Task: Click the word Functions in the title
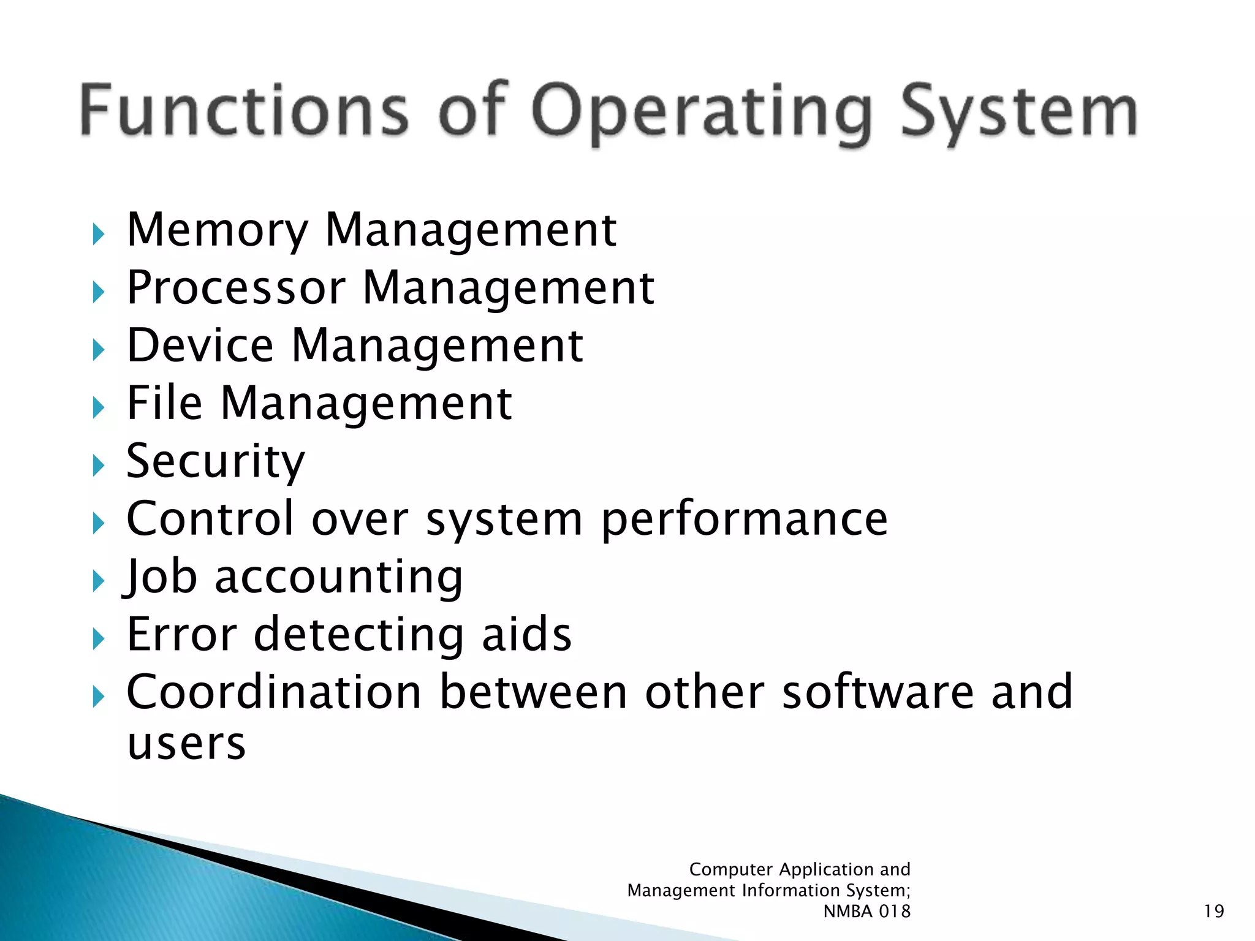(x=243, y=110)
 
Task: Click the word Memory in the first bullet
(x=217, y=230)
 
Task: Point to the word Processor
(x=236, y=288)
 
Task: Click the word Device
(x=200, y=346)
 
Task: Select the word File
(x=164, y=403)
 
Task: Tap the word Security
(x=215, y=461)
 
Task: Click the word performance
(x=744, y=520)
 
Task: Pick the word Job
(x=161, y=577)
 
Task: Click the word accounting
(x=338, y=577)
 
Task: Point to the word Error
(x=181, y=634)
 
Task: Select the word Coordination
(x=274, y=692)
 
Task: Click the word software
(x=878, y=692)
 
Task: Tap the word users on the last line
(x=186, y=743)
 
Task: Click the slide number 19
(x=1213, y=911)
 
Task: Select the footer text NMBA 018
(x=866, y=911)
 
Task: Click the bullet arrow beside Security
(x=98, y=466)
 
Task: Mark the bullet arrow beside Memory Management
(x=98, y=235)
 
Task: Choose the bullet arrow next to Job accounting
(x=98, y=581)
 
